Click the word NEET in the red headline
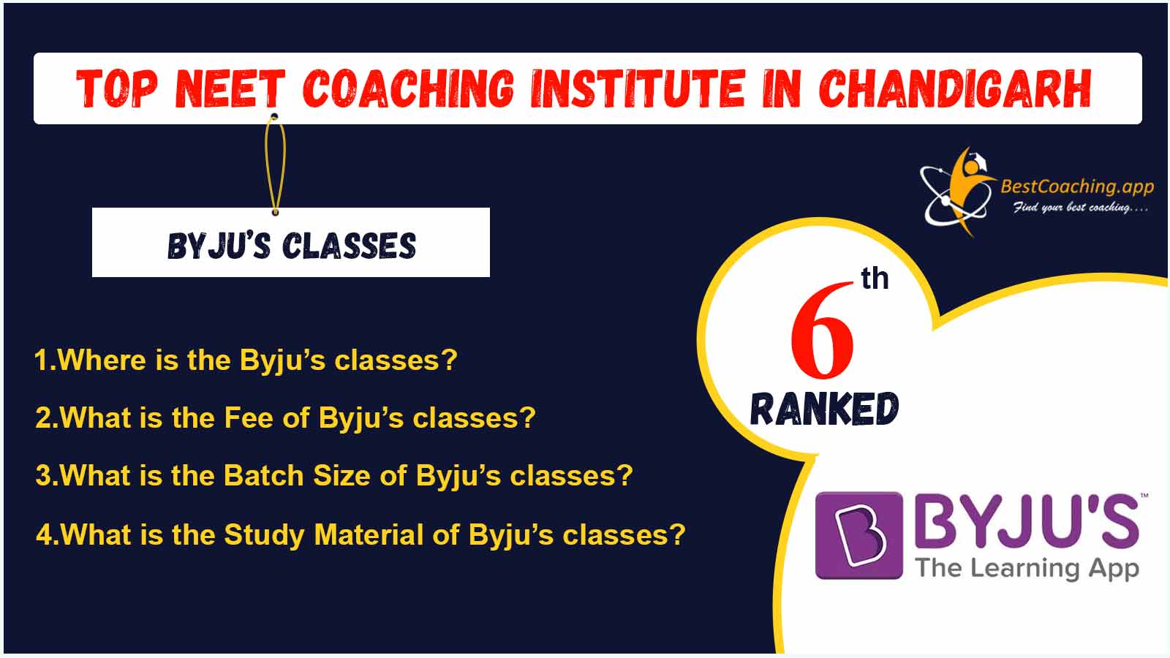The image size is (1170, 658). [230, 88]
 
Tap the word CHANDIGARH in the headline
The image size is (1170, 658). [955, 88]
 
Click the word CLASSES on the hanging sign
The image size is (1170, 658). [349, 246]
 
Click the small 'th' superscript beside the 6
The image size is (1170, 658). [875, 279]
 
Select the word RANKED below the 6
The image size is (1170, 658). [824, 409]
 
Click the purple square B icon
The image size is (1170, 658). [858, 535]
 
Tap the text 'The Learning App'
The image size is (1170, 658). [1027, 569]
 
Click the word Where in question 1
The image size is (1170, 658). [102, 360]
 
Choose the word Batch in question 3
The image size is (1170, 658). [264, 476]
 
